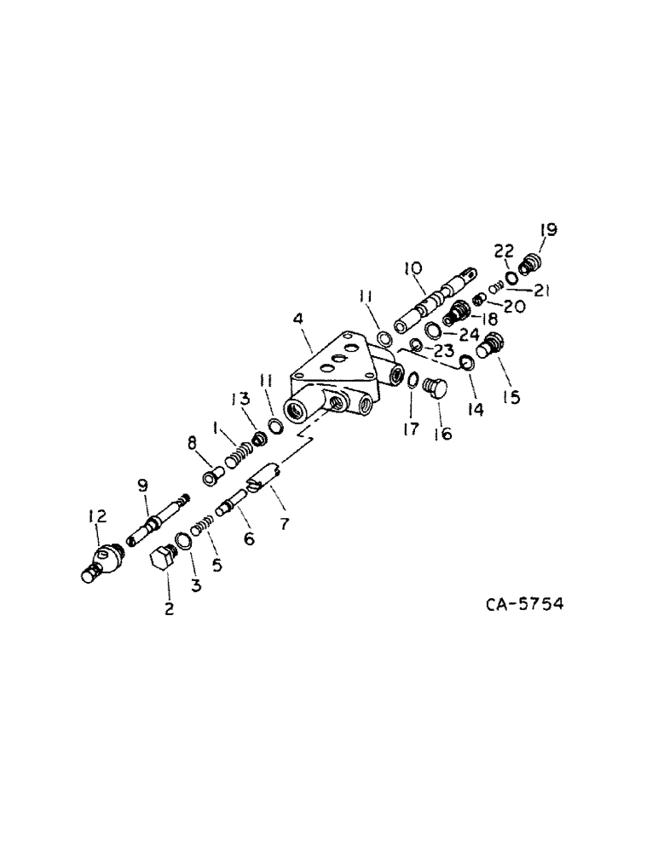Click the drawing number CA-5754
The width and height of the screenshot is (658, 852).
[524, 604]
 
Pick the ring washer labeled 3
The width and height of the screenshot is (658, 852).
[183, 540]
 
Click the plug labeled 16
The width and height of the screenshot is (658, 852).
[435, 389]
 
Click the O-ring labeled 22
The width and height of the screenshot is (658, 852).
[511, 277]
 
